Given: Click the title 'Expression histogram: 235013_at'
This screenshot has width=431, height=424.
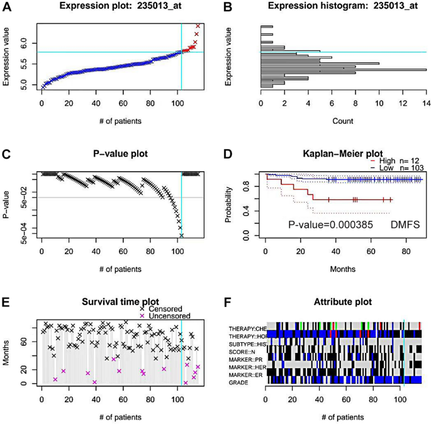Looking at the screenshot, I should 343,7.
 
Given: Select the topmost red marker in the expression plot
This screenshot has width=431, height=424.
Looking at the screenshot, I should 198,26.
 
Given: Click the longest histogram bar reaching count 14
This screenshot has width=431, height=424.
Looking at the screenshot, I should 344,69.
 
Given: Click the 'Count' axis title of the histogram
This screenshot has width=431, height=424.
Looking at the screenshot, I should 343,120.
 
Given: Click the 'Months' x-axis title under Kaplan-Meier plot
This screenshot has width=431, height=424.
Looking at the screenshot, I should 343,269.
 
